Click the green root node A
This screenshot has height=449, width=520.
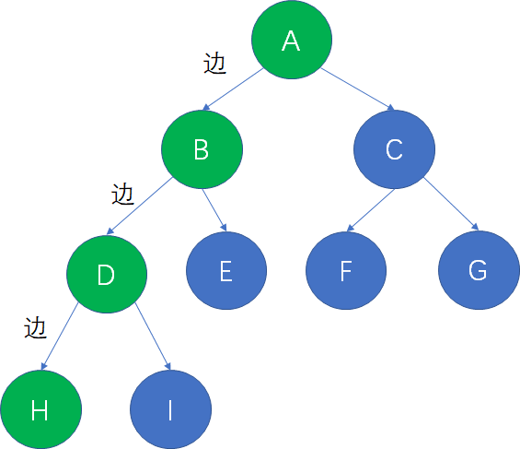292,40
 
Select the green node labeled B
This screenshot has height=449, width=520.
202,149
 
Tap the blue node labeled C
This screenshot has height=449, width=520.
394,149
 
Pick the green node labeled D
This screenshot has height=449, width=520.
107,274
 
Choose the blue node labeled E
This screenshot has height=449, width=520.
226,271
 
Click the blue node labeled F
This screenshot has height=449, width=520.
346,271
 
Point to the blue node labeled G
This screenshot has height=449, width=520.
479,270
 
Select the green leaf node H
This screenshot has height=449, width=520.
40,409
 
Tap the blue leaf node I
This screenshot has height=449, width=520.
170,409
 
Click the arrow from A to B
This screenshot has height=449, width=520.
233,89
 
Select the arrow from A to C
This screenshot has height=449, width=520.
358,89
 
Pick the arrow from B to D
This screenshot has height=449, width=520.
140,206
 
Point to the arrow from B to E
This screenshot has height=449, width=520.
214,210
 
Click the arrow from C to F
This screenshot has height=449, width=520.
370,210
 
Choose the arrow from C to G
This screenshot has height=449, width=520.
451,204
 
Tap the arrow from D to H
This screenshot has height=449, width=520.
59,337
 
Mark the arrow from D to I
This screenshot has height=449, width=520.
153,337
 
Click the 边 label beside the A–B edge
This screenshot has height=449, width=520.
214,63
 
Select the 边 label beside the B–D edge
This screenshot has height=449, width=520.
122,194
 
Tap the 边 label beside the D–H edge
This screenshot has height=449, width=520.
35,328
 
